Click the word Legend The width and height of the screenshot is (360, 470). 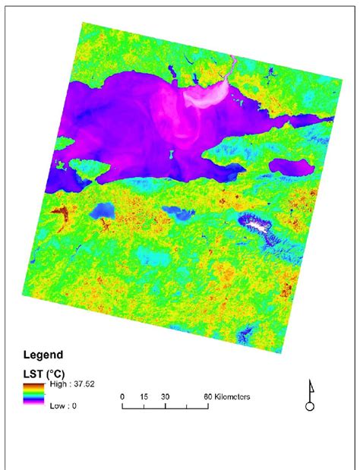(44, 354)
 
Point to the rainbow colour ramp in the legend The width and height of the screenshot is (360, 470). (34, 394)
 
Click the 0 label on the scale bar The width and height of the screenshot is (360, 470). (122, 397)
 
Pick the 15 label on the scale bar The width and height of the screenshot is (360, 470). (144, 397)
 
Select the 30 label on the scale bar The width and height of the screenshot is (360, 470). (166, 397)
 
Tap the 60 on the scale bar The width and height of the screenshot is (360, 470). (206, 397)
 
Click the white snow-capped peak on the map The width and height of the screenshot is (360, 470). (260, 225)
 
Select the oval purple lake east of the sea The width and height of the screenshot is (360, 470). (288, 166)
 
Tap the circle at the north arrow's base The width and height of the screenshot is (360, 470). (309, 406)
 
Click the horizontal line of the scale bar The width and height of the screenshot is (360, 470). (166, 408)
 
